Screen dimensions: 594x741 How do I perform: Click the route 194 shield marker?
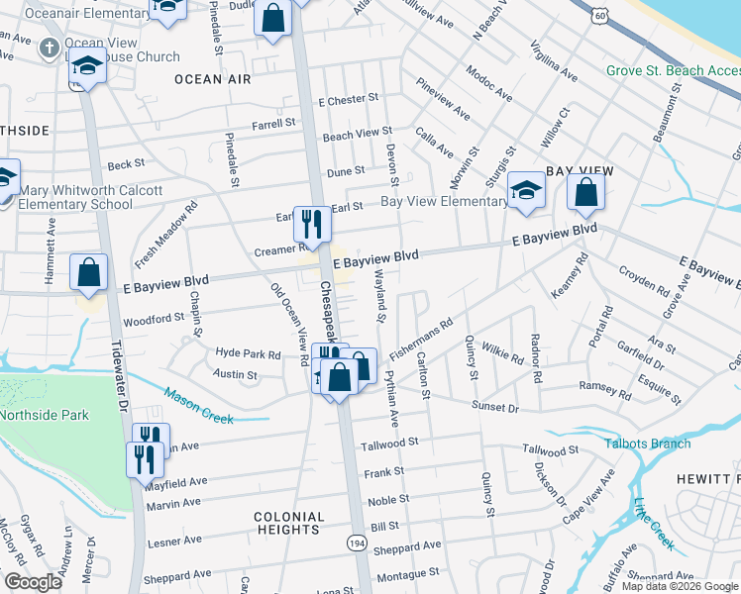354,543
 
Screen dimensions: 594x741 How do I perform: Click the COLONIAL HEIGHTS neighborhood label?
289,524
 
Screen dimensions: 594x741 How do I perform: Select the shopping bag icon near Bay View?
586,191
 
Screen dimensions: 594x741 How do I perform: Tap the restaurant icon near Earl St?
313,225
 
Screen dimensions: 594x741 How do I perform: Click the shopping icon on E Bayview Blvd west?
89,272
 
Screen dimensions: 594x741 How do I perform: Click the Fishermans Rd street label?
421,336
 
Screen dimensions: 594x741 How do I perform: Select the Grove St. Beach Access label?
673,71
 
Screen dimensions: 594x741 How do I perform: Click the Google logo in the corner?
33,582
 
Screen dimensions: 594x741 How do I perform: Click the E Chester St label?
348,100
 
